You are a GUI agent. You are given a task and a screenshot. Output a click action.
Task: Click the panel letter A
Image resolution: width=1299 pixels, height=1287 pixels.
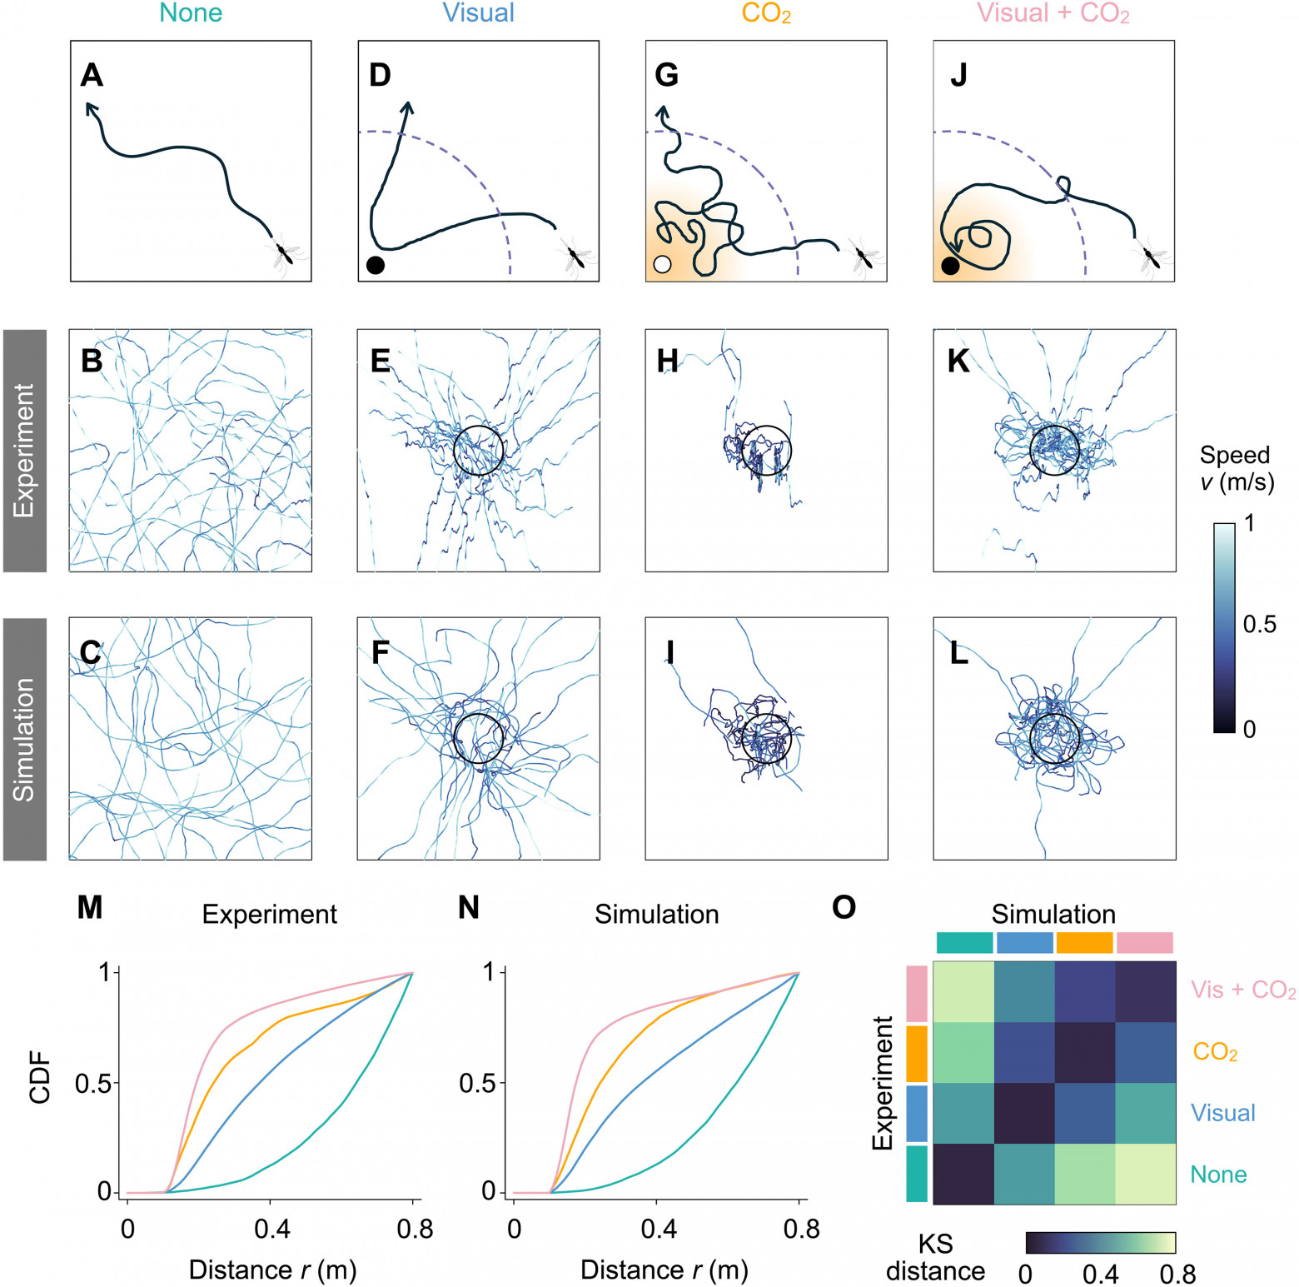pyautogui.click(x=92, y=76)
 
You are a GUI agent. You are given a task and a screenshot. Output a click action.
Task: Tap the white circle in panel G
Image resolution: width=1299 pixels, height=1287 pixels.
pyautogui.click(x=662, y=265)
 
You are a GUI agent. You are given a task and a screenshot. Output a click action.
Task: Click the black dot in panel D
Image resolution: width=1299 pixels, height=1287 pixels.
pyautogui.click(x=376, y=266)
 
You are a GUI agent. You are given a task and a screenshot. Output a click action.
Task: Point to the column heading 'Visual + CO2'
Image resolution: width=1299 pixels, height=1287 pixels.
pyautogui.click(x=1053, y=13)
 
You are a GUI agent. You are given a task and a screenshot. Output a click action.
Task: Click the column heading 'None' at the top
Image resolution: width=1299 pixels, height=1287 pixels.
pyautogui.click(x=191, y=13)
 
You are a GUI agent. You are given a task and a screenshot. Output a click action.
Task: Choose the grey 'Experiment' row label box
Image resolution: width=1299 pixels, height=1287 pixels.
pyautogui.click(x=25, y=450)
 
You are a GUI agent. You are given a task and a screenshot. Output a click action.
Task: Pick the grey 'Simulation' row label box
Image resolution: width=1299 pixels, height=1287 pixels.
pyautogui.click(x=25, y=739)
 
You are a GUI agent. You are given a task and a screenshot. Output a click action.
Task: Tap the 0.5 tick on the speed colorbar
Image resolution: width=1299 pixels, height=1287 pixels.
pyautogui.click(x=1258, y=625)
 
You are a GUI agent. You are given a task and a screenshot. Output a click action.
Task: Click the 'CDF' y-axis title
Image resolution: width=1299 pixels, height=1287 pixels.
pyautogui.click(x=40, y=1079)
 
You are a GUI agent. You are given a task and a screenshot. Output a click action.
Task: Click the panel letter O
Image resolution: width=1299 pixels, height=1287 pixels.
pyautogui.click(x=844, y=907)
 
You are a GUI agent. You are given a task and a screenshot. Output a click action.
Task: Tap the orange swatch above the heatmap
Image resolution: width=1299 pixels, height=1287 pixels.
pyautogui.click(x=1084, y=942)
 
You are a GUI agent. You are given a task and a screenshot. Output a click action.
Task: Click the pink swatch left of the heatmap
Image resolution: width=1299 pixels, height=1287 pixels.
pyautogui.click(x=916, y=993)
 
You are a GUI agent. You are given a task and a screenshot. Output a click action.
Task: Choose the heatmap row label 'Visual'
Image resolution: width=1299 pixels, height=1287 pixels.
pyautogui.click(x=1222, y=1113)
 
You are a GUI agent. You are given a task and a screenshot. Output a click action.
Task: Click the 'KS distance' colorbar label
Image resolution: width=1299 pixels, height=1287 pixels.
pyautogui.click(x=935, y=1258)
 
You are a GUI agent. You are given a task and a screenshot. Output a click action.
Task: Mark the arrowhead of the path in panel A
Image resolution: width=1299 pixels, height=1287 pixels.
pyautogui.click(x=89, y=106)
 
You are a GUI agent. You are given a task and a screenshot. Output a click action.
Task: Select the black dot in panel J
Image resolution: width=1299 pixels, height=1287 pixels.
pyautogui.click(x=950, y=266)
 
